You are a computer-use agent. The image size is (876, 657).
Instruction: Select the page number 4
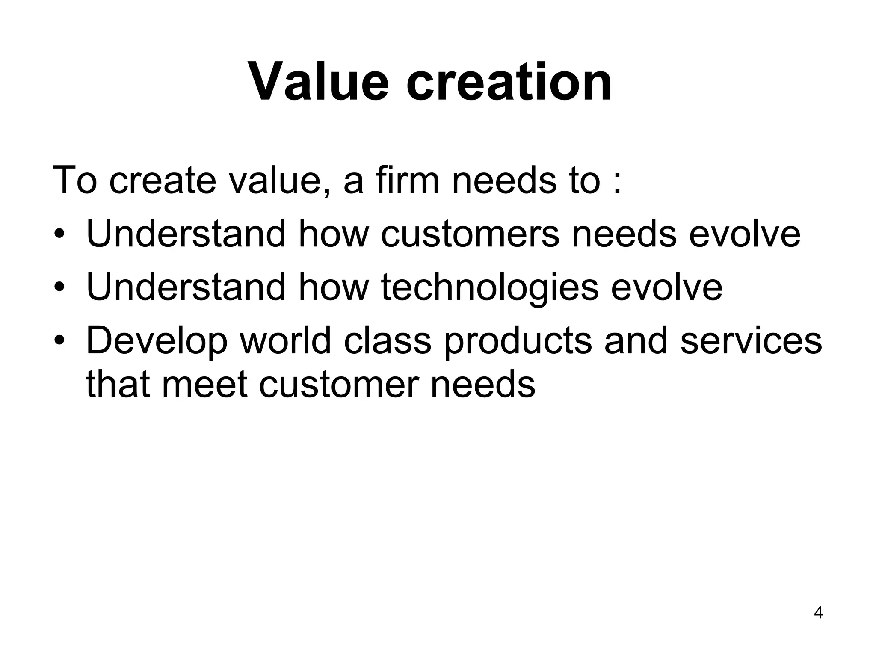pos(818,613)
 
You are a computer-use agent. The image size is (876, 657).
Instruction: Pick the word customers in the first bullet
pos(470,234)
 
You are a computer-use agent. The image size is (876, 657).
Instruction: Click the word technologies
pos(489,287)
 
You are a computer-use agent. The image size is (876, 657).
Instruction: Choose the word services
pos(751,340)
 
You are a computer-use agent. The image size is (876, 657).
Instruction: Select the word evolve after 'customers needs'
pos(744,234)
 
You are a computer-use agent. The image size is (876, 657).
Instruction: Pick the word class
pos(388,340)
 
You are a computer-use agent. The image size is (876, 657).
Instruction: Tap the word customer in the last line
pos(340,384)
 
